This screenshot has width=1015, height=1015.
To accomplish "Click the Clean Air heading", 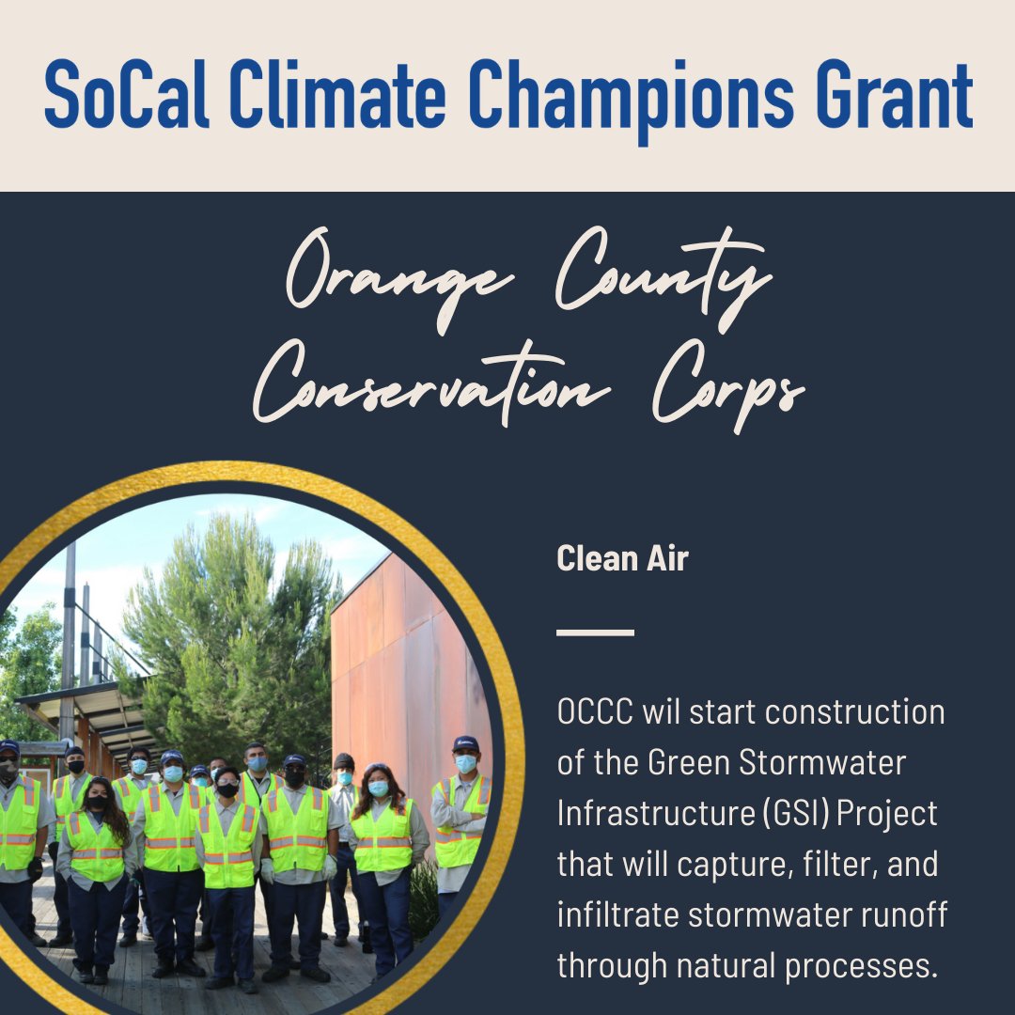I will click(x=622, y=559).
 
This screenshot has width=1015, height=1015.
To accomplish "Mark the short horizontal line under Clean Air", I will click(x=595, y=632).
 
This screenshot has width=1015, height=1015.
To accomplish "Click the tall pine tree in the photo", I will click(x=235, y=620).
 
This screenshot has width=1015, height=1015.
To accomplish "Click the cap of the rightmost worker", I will click(x=466, y=743).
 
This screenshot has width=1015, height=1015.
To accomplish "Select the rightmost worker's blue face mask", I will click(x=465, y=763).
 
